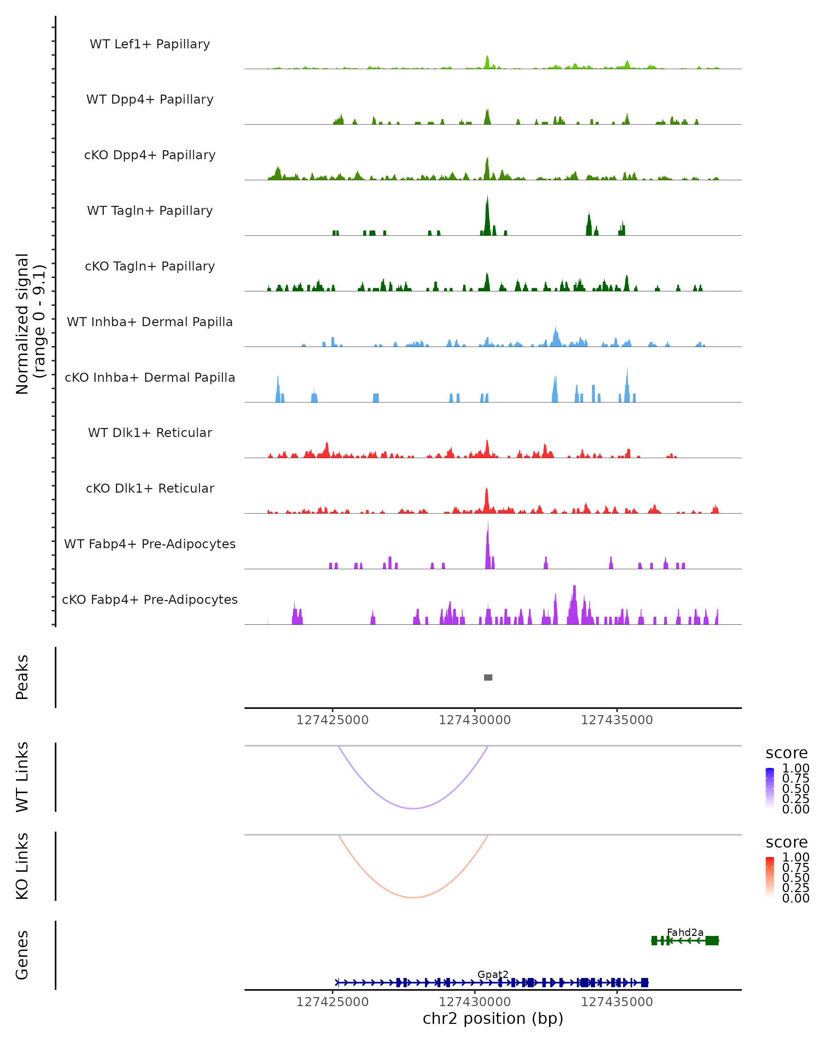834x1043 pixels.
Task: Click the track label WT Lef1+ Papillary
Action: point(150,44)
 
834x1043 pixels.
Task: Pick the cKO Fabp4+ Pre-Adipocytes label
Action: point(150,599)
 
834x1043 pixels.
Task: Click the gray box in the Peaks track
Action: point(488,677)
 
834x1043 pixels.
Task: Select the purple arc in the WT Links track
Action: point(414,808)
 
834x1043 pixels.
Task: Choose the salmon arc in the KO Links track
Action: point(414,897)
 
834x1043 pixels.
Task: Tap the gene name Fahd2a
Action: point(685,932)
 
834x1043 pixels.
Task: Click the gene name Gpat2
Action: point(493,974)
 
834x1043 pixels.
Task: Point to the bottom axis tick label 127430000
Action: point(475,1002)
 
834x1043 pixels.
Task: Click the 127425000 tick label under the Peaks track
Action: point(333,720)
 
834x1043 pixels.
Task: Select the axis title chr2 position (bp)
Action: point(493,1018)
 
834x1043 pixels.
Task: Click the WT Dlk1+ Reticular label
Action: point(150,432)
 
